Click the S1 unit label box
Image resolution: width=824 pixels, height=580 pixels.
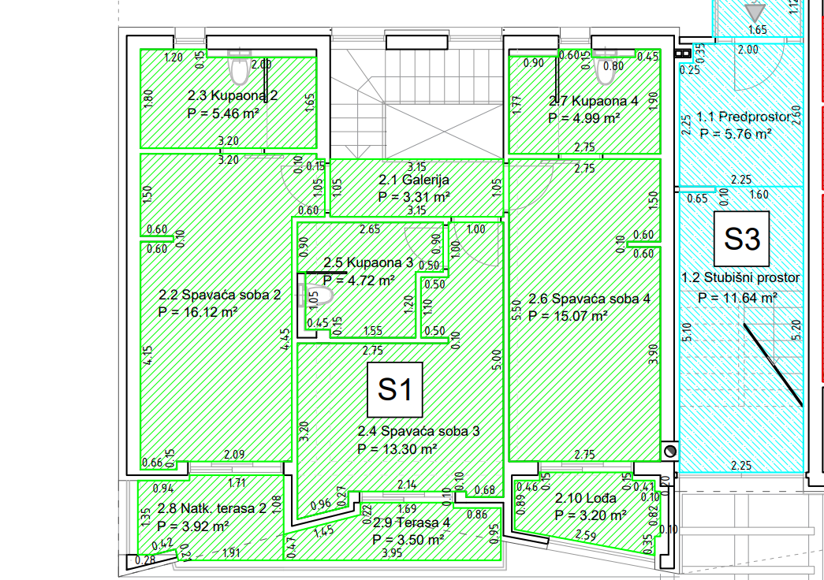click(395, 389)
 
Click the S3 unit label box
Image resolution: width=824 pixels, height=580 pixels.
click(741, 239)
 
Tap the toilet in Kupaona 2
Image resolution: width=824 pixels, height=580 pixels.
click(240, 67)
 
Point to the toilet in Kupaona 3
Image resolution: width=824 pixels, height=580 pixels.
click(319, 296)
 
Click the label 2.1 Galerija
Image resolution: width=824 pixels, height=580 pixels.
click(414, 180)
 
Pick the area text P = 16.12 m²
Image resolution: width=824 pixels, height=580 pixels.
click(198, 312)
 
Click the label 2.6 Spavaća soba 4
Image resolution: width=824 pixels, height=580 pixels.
click(589, 299)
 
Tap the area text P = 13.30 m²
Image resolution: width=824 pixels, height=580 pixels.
click(397, 449)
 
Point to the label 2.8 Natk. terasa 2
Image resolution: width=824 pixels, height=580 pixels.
click(212, 508)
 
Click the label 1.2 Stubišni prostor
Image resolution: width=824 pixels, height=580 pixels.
click(741, 277)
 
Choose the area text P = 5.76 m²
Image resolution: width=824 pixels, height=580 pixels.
click(736, 134)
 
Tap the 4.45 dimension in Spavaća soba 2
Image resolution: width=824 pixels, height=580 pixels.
click(285, 340)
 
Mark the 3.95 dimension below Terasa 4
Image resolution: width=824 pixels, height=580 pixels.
click(392, 552)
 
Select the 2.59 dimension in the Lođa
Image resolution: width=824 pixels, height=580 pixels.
click(585, 535)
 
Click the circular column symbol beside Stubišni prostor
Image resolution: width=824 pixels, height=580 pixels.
click(670, 451)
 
